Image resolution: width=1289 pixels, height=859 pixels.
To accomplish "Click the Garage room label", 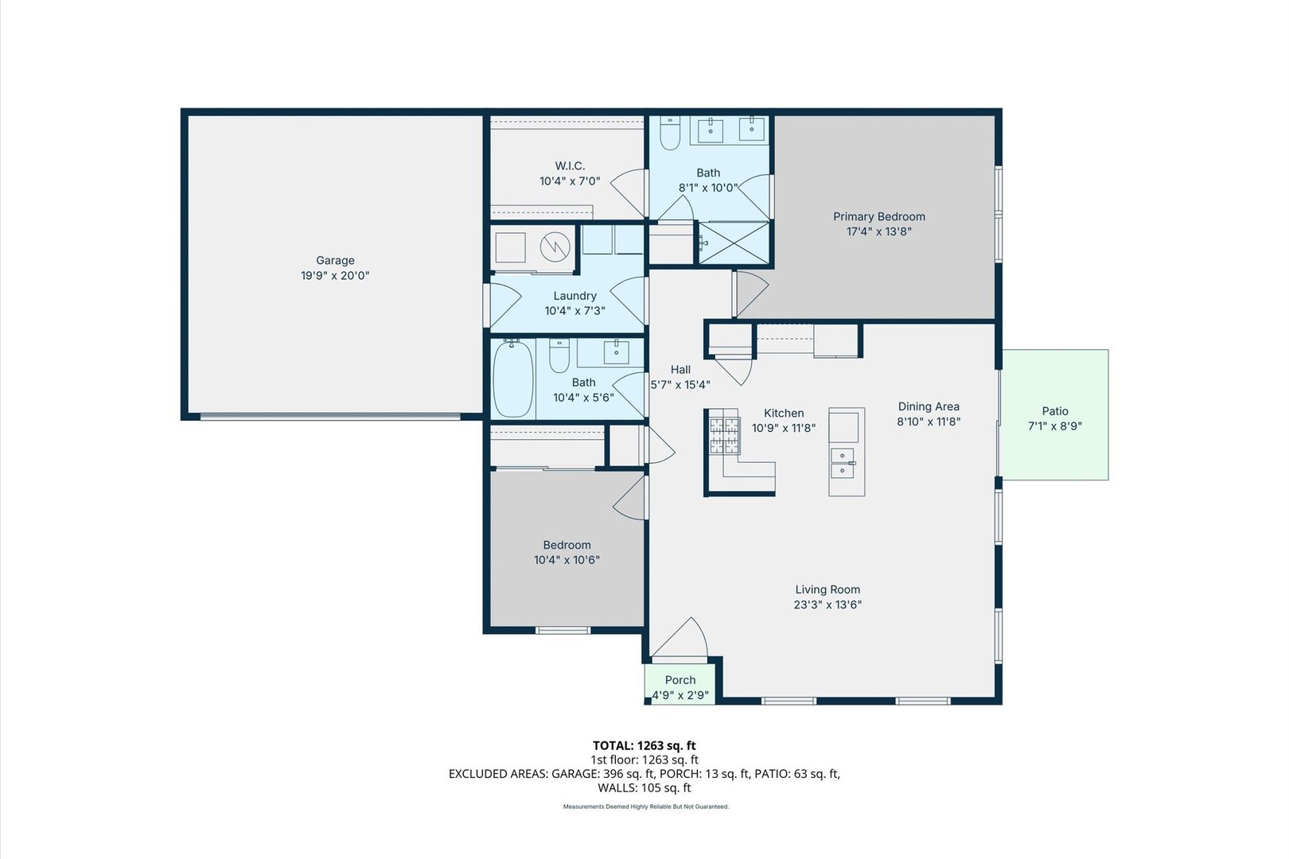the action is [x=335, y=261].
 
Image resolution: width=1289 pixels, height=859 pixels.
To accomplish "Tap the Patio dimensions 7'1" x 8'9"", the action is [x=1055, y=426].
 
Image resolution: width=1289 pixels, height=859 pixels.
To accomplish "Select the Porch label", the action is [x=680, y=680].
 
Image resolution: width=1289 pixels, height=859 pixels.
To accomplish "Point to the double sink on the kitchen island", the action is [x=843, y=463].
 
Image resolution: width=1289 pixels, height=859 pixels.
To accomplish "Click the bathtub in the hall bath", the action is [x=512, y=378].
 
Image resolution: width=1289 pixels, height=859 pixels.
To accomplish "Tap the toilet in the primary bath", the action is [x=670, y=132].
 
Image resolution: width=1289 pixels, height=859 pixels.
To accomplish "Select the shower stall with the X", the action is [x=734, y=243].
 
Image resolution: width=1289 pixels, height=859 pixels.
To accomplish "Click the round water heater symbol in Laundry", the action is [x=555, y=247].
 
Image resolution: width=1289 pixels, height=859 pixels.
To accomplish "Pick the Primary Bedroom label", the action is [x=878, y=217].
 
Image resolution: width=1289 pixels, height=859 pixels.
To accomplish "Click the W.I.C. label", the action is [x=570, y=165].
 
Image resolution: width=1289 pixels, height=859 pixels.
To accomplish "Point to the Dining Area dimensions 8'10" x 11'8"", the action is [x=929, y=422].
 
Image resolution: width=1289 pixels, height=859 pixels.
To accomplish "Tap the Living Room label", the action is [x=828, y=589].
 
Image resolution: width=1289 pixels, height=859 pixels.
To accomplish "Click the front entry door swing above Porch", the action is [x=680, y=639].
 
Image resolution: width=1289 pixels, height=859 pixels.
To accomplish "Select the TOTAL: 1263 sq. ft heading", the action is [x=644, y=746].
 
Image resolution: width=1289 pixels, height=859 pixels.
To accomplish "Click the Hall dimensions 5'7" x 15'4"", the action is [x=680, y=385].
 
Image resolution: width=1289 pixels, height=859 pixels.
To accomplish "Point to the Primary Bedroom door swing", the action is [x=751, y=294].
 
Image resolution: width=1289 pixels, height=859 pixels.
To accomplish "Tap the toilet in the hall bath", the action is [x=559, y=355].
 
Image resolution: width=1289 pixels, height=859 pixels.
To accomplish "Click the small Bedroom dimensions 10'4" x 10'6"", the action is [x=567, y=560].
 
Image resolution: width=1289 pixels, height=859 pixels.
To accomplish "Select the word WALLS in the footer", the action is [x=616, y=788].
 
